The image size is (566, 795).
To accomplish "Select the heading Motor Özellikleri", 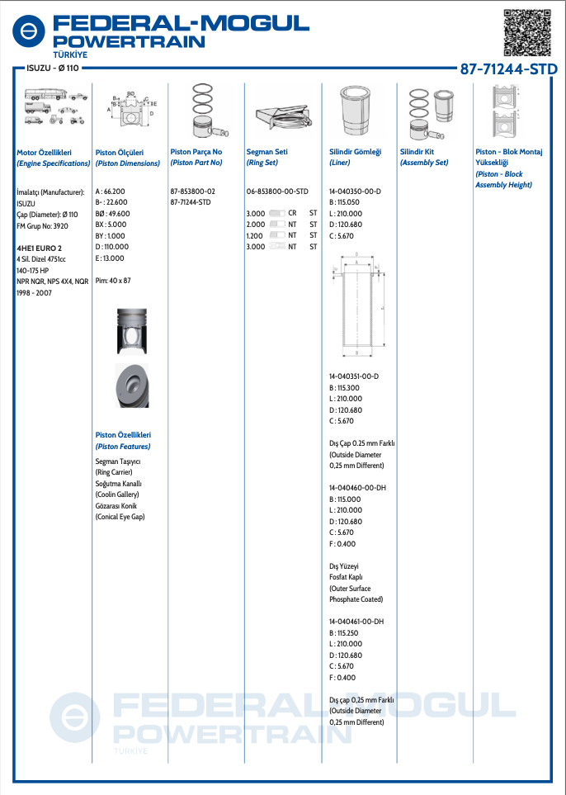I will (x=45, y=152).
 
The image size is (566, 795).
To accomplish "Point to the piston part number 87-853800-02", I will (x=192, y=191).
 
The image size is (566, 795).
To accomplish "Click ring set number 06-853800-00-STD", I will (x=277, y=191).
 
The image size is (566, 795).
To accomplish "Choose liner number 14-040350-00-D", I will (x=355, y=191).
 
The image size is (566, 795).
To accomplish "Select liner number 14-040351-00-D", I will (x=355, y=376).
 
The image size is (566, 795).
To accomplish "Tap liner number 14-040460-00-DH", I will (x=356, y=488).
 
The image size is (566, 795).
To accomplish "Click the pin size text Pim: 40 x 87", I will (x=113, y=281).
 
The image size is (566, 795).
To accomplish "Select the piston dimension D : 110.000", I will (x=112, y=247).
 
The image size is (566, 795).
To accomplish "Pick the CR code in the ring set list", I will (x=292, y=213).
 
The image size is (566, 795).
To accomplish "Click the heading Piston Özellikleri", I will (x=123, y=435).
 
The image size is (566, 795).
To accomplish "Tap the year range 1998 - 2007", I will (x=33, y=292).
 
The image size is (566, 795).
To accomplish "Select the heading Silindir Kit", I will (x=417, y=152).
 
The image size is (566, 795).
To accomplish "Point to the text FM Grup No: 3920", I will (x=44, y=225).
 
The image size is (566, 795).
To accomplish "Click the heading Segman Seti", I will (x=266, y=152).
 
